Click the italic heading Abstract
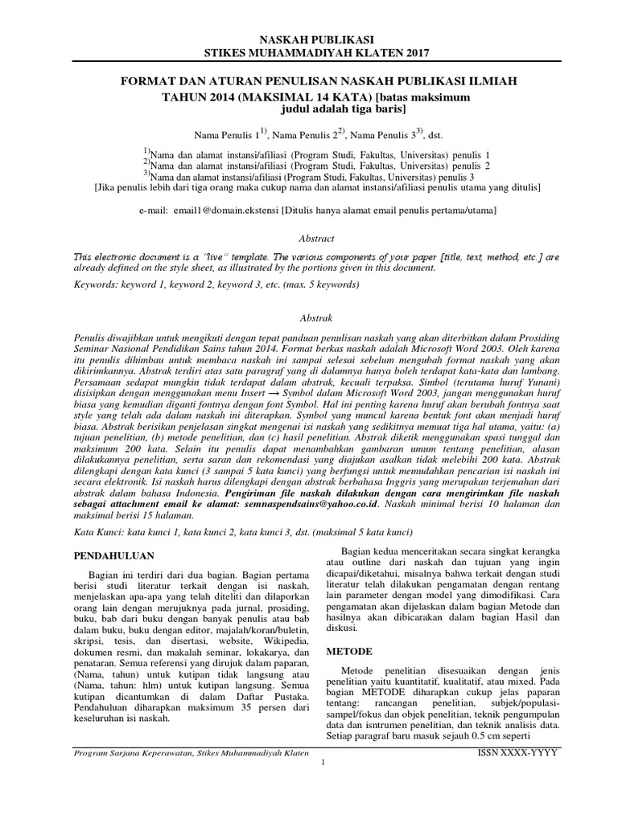tap(315, 239)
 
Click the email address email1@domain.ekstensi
tap(230, 210)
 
